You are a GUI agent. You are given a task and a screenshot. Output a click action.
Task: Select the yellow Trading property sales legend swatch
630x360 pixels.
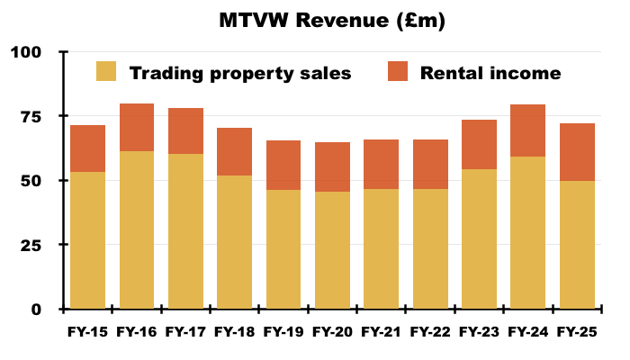tap(106, 72)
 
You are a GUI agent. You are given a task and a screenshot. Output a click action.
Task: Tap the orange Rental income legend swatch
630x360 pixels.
tap(397, 72)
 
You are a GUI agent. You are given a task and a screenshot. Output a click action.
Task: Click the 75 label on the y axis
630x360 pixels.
tap(31, 116)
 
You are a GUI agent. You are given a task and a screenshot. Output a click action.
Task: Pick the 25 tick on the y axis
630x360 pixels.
tap(31, 245)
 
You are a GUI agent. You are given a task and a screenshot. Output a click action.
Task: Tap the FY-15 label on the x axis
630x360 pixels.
tap(87, 331)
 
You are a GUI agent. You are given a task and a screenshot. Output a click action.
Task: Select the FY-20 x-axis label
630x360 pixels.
tap(332, 331)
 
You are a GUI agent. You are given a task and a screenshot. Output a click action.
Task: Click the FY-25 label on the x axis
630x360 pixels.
tap(576, 331)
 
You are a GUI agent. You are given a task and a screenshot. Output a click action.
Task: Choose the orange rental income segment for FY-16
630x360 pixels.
tap(137, 127)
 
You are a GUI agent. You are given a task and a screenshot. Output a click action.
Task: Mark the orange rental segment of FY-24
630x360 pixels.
tap(527, 130)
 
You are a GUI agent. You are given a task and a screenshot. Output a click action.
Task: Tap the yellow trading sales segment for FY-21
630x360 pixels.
tap(381, 248)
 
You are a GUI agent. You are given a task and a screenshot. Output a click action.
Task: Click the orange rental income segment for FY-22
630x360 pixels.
tap(429, 164)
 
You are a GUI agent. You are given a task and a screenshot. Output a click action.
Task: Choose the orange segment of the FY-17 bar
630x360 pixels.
tap(185, 130)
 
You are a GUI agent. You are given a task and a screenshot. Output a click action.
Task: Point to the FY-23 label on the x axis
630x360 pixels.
tap(479, 331)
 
